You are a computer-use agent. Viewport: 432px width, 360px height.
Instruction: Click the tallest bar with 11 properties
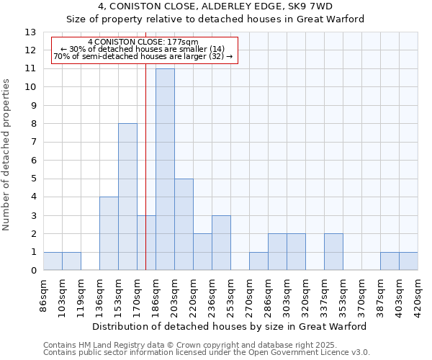click(165, 169)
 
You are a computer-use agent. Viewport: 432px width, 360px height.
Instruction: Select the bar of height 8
click(127, 197)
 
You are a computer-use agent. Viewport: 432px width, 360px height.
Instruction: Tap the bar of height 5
click(184, 225)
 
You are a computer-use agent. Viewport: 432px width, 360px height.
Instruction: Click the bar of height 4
click(109, 233)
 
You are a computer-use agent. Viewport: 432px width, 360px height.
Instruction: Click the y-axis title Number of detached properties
click(7, 155)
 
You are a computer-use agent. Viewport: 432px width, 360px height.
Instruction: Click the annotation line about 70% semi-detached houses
click(143, 56)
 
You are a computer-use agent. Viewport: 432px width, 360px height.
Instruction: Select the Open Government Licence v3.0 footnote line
click(207, 353)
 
